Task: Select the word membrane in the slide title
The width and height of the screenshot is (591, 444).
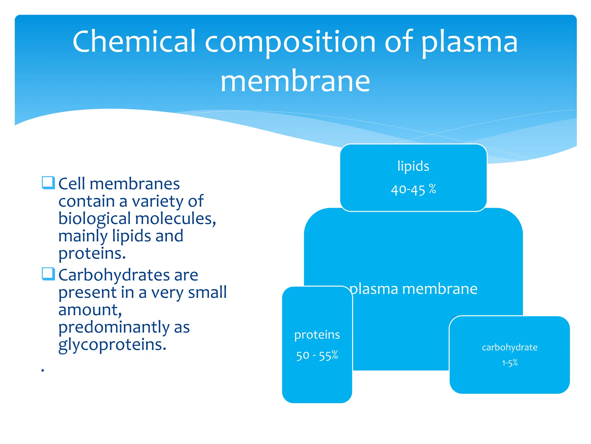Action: coord(295,81)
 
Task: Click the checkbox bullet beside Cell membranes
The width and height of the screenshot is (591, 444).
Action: coord(48,183)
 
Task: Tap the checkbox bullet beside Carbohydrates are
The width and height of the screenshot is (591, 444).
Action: coord(48,274)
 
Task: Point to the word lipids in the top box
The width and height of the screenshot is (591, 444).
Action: coord(413,166)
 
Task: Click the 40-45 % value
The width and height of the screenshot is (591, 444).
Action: coord(413,190)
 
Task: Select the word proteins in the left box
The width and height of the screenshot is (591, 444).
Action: coord(317,335)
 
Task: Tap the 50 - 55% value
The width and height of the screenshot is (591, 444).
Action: coord(317,356)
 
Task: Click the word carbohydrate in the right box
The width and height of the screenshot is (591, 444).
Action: coord(510,347)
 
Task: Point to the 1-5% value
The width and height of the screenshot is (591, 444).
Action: coord(510,363)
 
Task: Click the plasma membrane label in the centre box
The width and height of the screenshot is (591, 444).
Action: coord(414,289)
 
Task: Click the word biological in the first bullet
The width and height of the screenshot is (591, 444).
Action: coord(95,219)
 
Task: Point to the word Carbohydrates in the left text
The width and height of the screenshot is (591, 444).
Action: coord(114,275)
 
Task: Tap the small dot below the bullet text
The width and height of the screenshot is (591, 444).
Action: coord(43,370)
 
